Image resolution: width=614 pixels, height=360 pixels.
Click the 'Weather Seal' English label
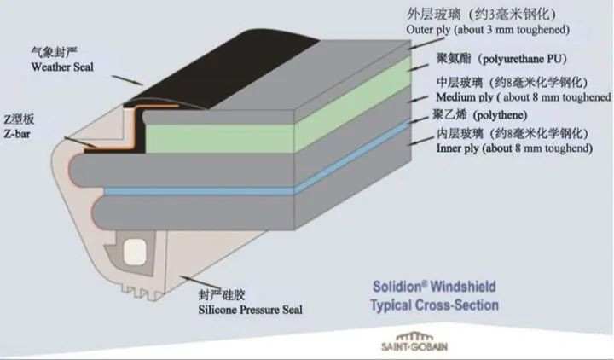coord(62,67)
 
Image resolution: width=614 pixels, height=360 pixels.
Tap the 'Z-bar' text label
coord(17,134)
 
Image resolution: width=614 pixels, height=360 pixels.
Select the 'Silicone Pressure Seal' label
coord(250,310)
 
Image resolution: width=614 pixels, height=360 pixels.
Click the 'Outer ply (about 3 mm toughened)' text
coord(488,30)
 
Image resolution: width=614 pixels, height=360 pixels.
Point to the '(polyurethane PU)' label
coord(522,59)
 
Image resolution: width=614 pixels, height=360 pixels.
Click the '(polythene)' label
coord(500,115)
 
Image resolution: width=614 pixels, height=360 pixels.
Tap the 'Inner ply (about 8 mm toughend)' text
coord(514,148)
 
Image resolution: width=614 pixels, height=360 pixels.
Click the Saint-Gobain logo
coord(414,342)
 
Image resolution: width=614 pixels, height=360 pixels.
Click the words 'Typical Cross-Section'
coord(435,305)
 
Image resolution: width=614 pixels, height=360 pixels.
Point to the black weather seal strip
coord(219,71)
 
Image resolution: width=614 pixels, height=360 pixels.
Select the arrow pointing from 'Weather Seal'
coord(127,80)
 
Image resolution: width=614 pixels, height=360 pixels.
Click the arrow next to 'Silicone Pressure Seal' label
coord(200,283)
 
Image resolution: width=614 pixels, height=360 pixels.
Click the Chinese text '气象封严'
coord(54,52)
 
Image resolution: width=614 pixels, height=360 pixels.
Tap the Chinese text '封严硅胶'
coord(222,294)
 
